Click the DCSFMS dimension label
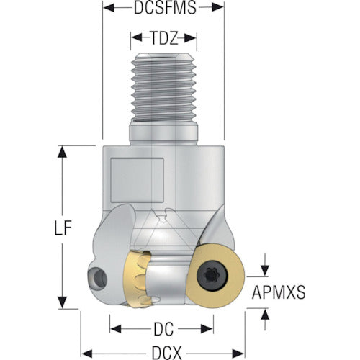pyautogui.click(x=165, y=8)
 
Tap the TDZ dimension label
pyautogui.click(x=164, y=38)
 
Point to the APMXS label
pyautogui.click(x=279, y=292)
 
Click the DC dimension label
pyautogui.click(x=163, y=329)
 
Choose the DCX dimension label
pyautogui.click(x=166, y=353)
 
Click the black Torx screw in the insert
pyautogui.click(x=212, y=276)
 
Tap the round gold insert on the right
pyautogui.click(x=215, y=276)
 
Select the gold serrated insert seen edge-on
pyautogui.click(x=138, y=279)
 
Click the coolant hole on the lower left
pyautogui.click(x=97, y=277)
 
